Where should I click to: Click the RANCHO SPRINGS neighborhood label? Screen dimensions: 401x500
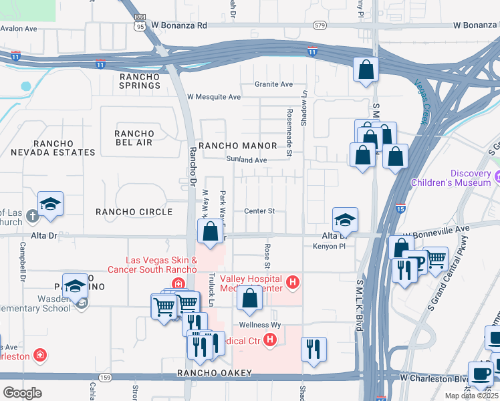(140, 81)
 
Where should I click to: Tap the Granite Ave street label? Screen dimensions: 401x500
(274, 84)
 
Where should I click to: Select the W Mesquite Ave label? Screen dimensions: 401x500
(213, 97)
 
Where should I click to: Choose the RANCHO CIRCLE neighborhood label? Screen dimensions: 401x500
(134, 212)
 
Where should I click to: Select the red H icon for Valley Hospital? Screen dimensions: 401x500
(292, 283)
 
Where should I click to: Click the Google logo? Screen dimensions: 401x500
(23, 392)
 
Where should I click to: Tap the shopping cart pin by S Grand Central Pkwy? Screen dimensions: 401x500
(435, 257)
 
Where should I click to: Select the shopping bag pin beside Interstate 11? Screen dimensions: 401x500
(366, 70)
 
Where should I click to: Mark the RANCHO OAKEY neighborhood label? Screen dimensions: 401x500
(214, 373)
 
